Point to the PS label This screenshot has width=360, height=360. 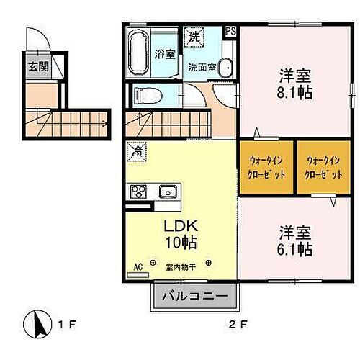pos(230,31)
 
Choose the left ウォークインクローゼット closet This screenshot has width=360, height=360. pos(267,167)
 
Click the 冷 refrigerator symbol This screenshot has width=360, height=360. pos(135,152)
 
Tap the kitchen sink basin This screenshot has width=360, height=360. pos(168,192)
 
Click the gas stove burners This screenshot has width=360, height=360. pos(138,192)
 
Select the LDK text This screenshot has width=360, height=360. pos(177,225)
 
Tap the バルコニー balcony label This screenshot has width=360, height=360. pos(194,296)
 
